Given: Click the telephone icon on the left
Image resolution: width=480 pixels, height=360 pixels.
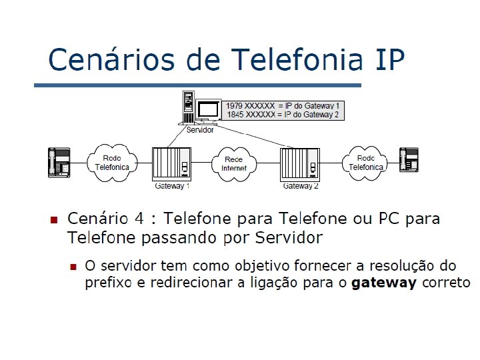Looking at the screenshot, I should pyautogui.click(x=59, y=162).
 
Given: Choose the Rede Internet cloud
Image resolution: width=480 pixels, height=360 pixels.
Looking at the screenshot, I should pyautogui.click(x=234, y=163).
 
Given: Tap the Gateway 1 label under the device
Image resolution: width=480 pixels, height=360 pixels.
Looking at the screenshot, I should pyautogui.click(x=173, y=186).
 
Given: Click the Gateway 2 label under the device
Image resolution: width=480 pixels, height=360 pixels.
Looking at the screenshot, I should pyautogui.click(x=301, y=186).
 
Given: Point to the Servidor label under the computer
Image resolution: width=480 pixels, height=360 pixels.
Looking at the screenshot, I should pyautogui.click(x=200, y=129).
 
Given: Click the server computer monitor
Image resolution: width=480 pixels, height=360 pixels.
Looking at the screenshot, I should pyautogui.click(x=207, y=109).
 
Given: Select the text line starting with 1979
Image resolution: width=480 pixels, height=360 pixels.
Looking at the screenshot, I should pyautogui.click(x=283, y=106).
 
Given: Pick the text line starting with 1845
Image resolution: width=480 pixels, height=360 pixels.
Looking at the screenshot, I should pyautogui.click(x=283, y=115).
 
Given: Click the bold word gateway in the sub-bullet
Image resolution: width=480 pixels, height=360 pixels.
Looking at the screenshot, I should pyautogui.click(x=383, y=283).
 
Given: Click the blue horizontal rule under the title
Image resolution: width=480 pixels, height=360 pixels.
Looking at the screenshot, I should pyautogui.click(x=197, y=85).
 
